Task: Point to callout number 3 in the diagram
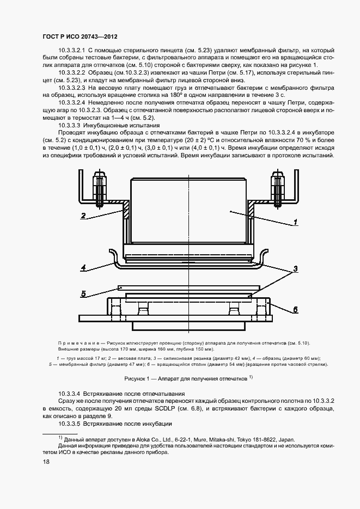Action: [x=295, y=268]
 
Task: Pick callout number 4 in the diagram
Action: [x=83, y=267]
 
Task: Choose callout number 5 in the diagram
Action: [x=83, y=294]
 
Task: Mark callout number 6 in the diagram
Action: [x=295, y=309]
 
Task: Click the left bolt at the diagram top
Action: [x=99, y=188]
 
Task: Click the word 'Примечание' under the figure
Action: [x=81, y=343]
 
